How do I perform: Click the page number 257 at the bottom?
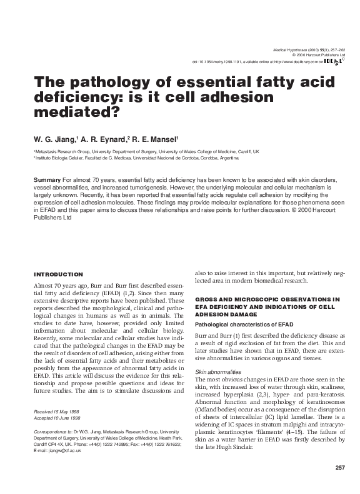pyautogui.click(x=340, y=468)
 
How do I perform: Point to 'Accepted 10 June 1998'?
pyautogui.click(x=56, y=418)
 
